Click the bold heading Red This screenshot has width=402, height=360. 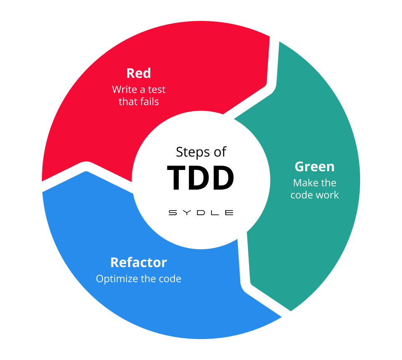[x=139, y=73]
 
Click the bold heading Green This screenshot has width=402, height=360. [x=314, y=167]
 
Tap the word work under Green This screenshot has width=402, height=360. [x=327, y=195]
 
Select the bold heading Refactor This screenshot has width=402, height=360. [x=139, y=262]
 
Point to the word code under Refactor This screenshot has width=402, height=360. [x=171, y=279]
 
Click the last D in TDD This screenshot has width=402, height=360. [x=221, y=178]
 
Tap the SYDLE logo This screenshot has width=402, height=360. [x=201, y=213]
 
